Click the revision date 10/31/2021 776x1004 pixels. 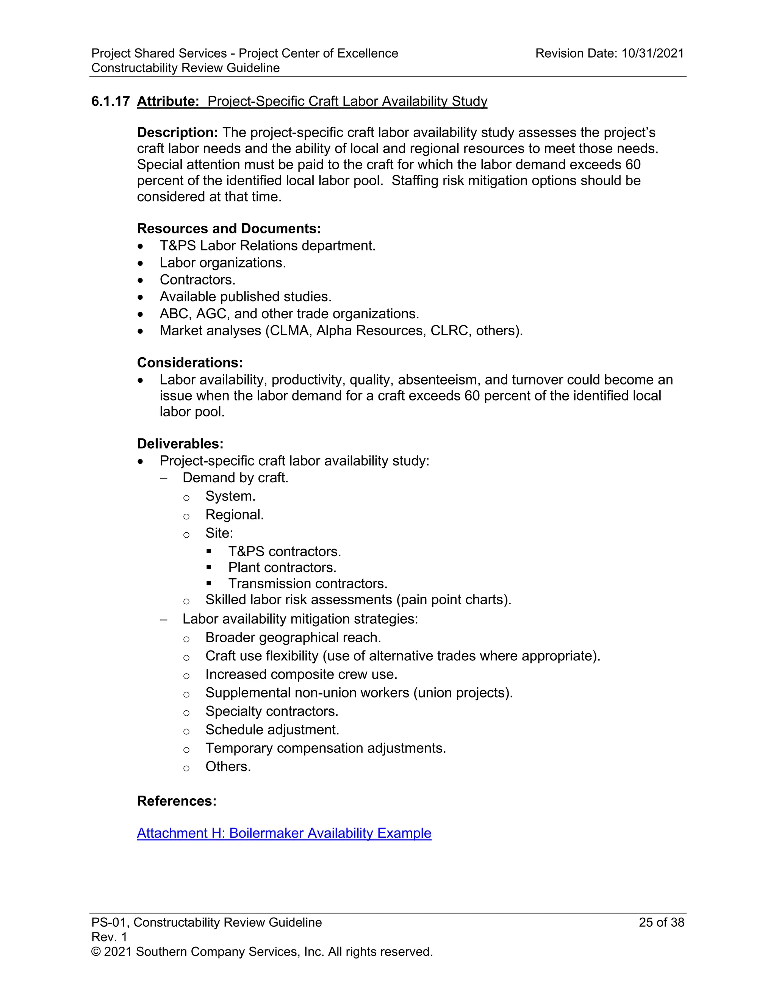pos(652,53)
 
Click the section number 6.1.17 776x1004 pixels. pos(110,101)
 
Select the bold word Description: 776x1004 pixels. pos(177,132)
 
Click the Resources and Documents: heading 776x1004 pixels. pos(228,228)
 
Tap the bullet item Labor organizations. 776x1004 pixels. pos(222,263)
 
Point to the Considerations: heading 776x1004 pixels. pos(189,363)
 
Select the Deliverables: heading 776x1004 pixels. pos(180,444)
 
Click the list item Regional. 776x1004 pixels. pos(235,515)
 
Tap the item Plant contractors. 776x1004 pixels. pos(282,568)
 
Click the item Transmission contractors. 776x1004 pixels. pos(308,584)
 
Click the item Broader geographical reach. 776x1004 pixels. pos(293,638)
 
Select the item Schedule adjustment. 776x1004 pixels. pos(272,730)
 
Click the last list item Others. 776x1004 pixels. pos(228,766)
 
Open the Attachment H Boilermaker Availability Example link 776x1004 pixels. pos(284,833)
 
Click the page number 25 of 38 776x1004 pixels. pos(661,922)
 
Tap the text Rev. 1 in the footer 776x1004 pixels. pos(109,937)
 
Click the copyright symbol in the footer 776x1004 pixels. pos(95,952)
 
